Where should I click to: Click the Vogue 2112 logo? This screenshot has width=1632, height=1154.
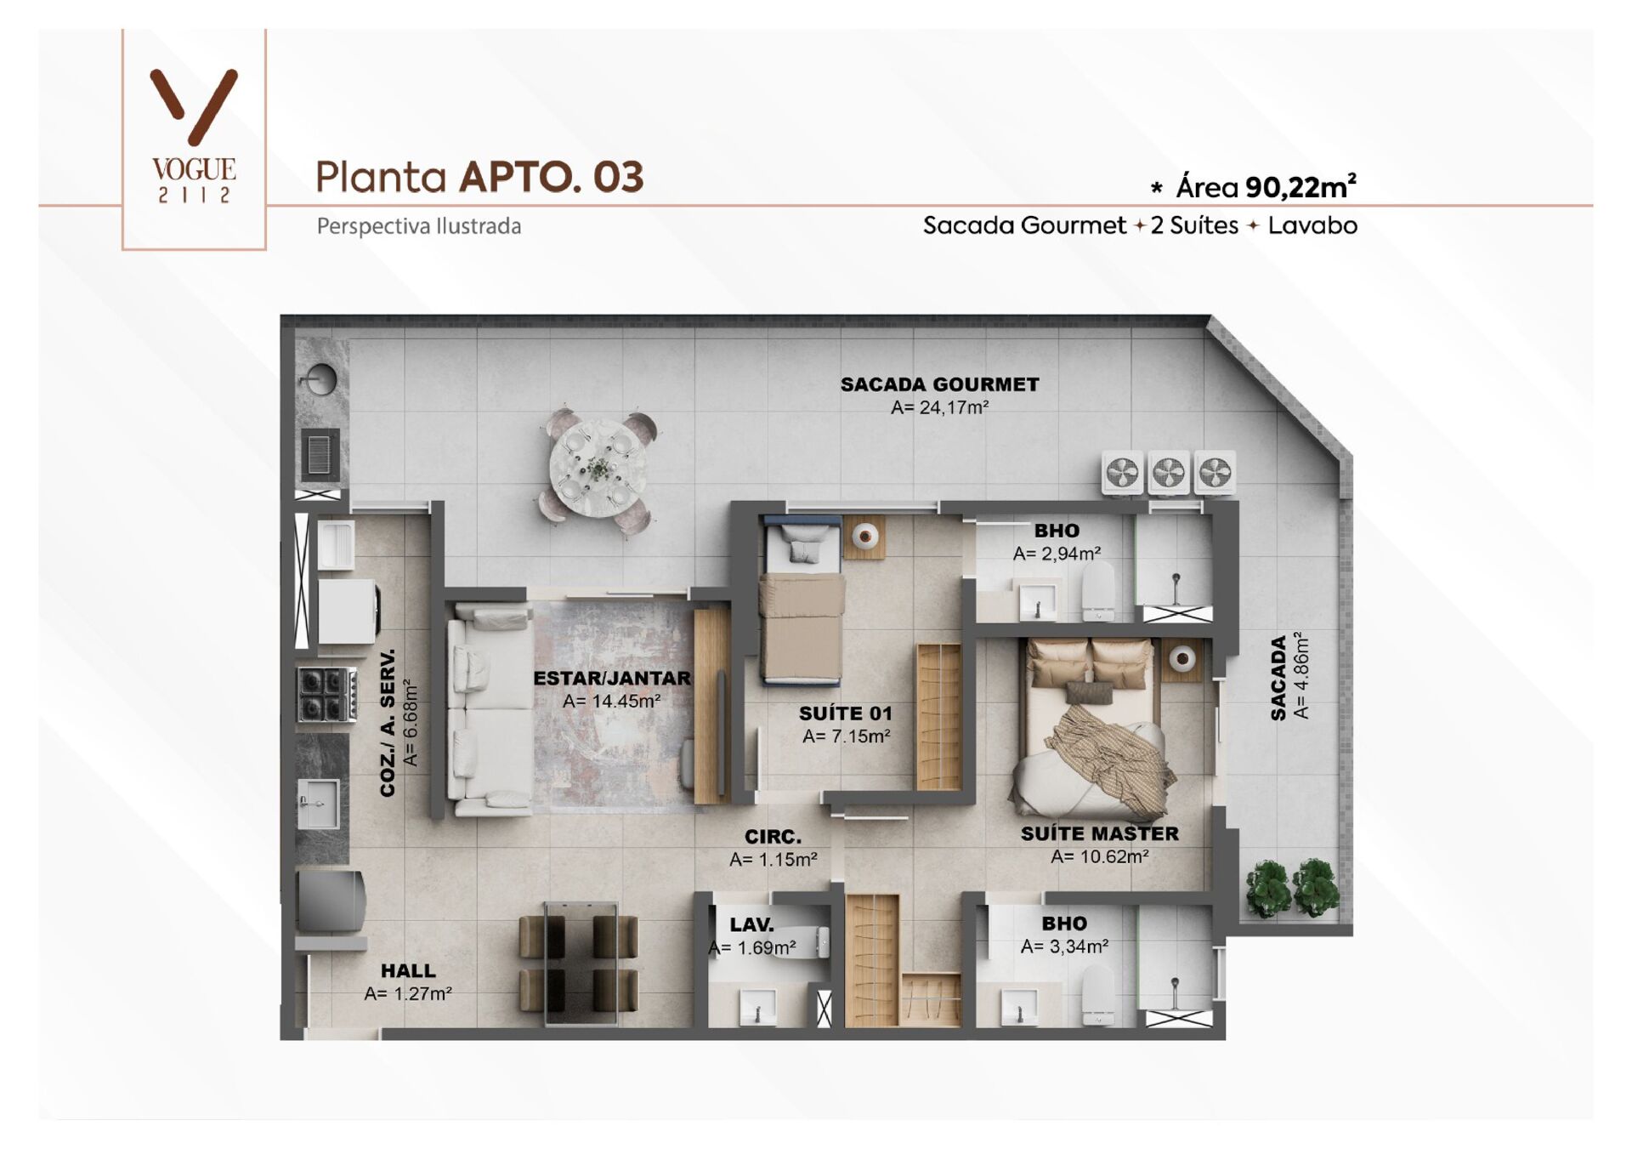pyautogui.click(x=194, y=136)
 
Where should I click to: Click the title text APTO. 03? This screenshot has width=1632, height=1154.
pyautogui.click(x=551, y=177)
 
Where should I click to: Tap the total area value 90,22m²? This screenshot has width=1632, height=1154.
pyautogui.click(x=1300, y=187)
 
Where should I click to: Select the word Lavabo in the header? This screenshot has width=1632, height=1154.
pyautogui.click(x=1312, y=225)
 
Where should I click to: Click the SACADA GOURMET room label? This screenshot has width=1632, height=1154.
pyautogui.click(x=939, y=384)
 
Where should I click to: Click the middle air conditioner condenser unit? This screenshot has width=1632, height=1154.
pyautogui.click(x=1169, y=473)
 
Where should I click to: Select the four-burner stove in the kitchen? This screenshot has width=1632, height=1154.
pyautogui.click(x=326, y=695)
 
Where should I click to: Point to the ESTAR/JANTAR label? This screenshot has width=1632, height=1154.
pyautogui.click(x=612, y=678)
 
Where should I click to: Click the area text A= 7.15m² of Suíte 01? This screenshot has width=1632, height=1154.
pyautogui.click(x=846, y=736)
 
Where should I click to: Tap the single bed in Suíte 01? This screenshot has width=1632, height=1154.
pyautogui.click(x=802, y=612)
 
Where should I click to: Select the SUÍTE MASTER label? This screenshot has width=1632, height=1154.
pyautogui.click(x=1099, y=833)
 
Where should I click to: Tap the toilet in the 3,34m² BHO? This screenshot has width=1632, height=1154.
pyautogui.click(x=1097, y=997)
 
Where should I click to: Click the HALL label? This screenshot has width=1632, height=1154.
pyautogui.click(x=408, y=970)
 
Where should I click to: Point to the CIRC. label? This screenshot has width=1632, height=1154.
pyautogui.click(x=773, y=837)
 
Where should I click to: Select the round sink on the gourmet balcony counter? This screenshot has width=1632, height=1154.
pyautogui.click(x=320, y=379)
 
